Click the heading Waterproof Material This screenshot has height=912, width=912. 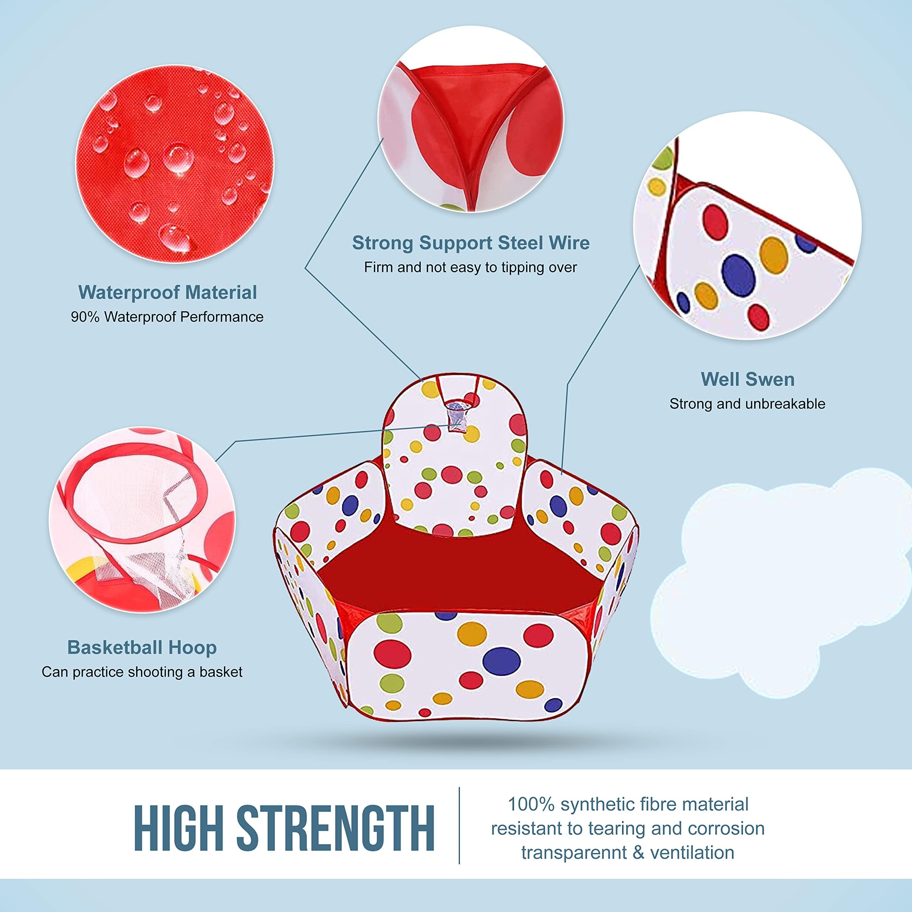(167, 293)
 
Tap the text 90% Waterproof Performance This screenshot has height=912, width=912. (167, 317)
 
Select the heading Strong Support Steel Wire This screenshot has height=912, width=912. (471, 243)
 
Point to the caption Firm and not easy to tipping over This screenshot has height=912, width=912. (470, 268)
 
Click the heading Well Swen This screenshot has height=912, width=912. (747, 379)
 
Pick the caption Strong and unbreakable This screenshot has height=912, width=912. (747, 404)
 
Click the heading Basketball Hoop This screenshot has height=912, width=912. (142, 647)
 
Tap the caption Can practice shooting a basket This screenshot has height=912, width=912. (142, 672)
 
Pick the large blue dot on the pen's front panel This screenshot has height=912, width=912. (501, 661)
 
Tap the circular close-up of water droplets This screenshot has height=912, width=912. (175, 164)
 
